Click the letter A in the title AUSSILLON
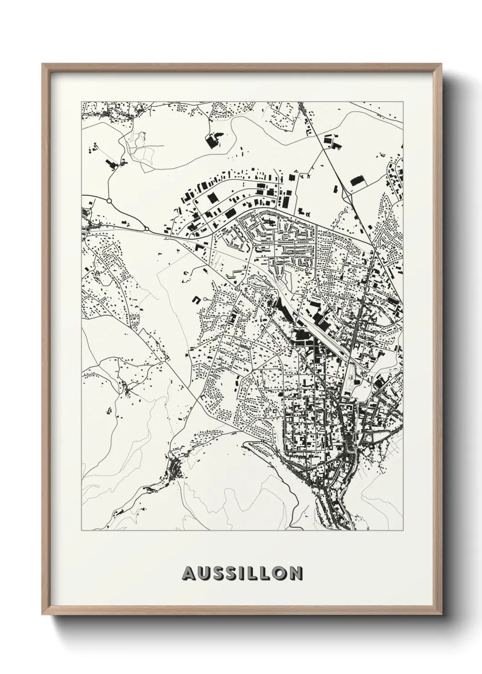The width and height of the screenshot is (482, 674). pos(189,573)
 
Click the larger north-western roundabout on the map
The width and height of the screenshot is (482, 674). pos(109,200)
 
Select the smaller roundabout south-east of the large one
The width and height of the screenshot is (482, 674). pos(147,229)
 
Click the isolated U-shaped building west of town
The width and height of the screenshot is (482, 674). pos(197,300)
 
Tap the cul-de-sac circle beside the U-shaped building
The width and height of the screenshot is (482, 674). pos(206,299)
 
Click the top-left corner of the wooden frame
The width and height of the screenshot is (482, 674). pos(43,64)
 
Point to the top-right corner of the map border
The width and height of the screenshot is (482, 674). pos(403,102)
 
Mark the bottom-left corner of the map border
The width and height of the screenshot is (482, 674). pos(81,531)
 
